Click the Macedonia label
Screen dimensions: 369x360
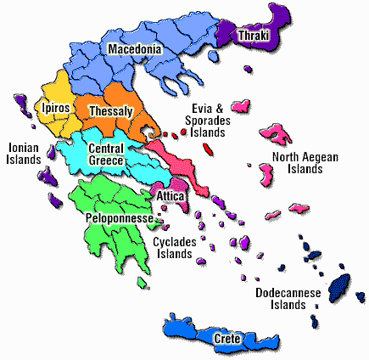point(134,50)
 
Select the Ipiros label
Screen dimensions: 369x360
point(57,109)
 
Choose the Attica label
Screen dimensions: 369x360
point(170,196)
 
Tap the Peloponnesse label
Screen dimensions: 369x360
point(119,218)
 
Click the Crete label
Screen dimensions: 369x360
point(226,339)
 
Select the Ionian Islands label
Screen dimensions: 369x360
point(23,153)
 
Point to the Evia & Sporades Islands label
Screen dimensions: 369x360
point(208,120)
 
